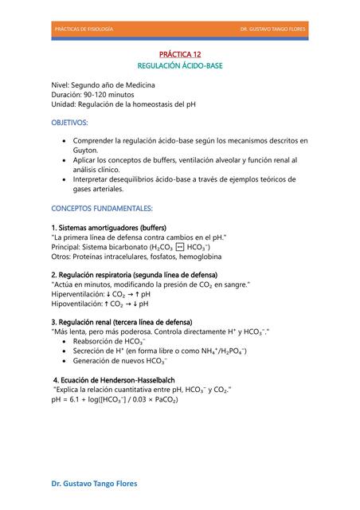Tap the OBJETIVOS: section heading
point(70,123)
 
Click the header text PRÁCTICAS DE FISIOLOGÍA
point(83,29)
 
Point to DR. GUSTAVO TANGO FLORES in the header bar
point(272,29)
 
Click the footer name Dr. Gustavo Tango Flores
point(94,483)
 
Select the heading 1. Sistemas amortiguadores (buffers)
point(108,228)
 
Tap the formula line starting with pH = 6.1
point(115,398)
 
